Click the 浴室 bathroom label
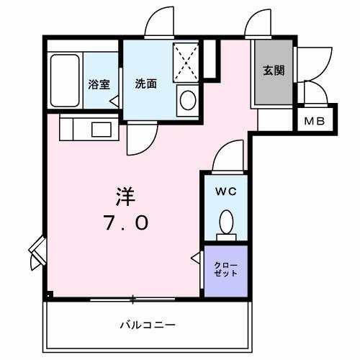pos(99,84)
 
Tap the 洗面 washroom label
pos(145,84)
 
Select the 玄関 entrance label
pos(273,71)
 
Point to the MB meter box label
pos(313,121)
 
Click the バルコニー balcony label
pos(147,325)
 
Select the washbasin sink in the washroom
pos(187,99)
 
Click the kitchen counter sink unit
pos(85,130)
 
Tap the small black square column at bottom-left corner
pos(48,294)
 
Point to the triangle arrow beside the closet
pos(195,258)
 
